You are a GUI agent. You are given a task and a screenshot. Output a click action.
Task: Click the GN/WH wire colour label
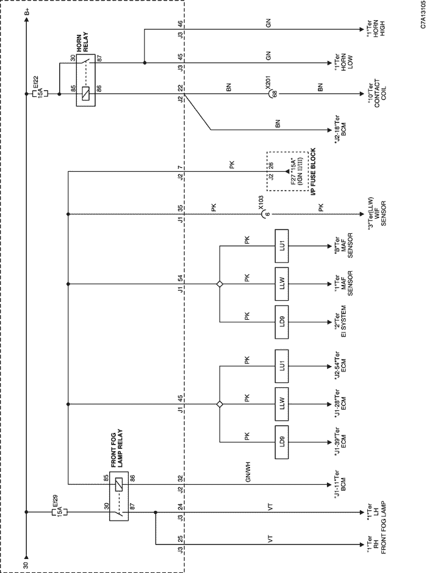click(x=248, y=472)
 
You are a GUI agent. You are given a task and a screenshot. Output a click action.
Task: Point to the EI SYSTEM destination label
click(x=340, y=322)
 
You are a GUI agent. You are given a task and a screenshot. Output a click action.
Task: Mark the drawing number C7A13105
click(x=423, y=15)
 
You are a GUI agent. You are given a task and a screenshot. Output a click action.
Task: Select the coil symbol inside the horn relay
click(x=85, y=94)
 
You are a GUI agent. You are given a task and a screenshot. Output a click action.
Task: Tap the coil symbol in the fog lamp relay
click(x=119, y=485)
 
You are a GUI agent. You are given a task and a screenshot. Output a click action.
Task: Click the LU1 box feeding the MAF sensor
click(x=282, y=246)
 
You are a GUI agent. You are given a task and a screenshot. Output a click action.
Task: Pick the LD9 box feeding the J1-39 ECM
click(x=282, y=442)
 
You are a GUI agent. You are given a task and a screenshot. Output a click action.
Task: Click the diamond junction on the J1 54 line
click(x=220, y=284)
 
